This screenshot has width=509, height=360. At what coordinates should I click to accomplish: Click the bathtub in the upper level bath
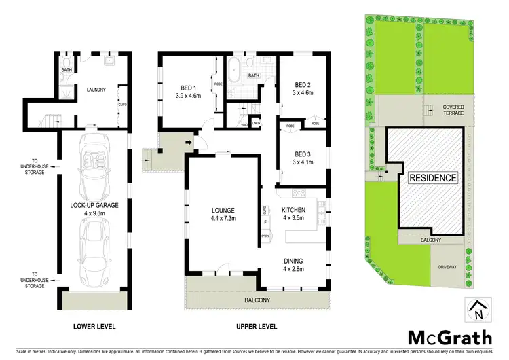pyautogui.click(x=235, y=71)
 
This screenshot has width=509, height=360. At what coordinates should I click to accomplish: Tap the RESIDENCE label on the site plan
pyautogui.click(x=433, y=178)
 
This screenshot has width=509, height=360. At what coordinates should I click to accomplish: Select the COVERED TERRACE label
pyautogui.click(x=453, y=110)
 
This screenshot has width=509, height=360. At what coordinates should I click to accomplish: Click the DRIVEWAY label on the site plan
pyautogui.click(x=449, y=267)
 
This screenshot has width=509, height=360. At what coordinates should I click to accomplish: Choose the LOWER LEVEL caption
pyautogui.click(x=93, y=326)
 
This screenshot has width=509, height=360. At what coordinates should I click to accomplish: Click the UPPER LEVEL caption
pyautogui.click(x=256, y=326)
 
